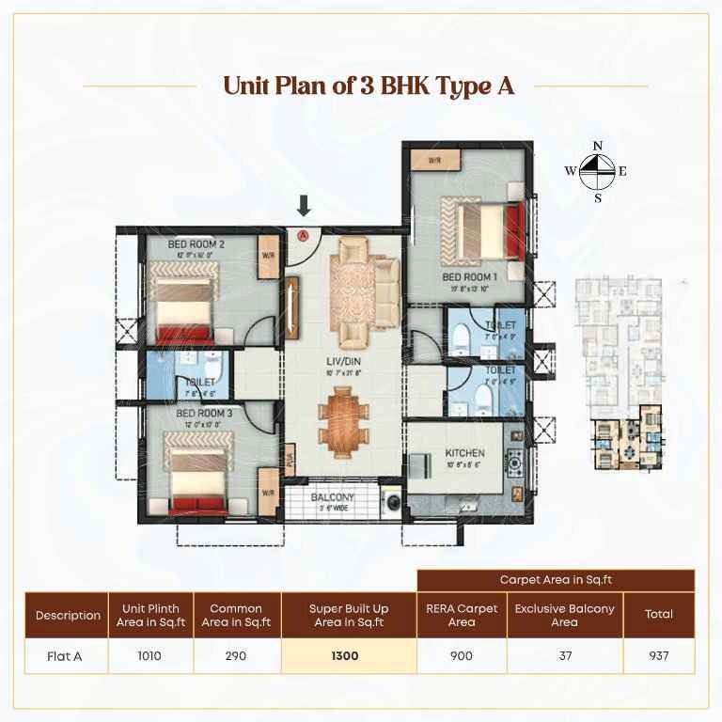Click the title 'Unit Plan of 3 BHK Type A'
(x=369, y=86)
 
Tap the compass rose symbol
(x=596, y=171)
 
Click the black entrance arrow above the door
(x=304, y=206)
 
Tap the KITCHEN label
(x=463, y=453)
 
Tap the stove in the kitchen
(x=516, y=461)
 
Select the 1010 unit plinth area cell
(x=150, y=656)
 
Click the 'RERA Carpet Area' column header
(x=461, y=615)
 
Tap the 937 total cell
(x=658, y=656)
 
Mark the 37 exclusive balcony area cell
(x=564, y=656)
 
